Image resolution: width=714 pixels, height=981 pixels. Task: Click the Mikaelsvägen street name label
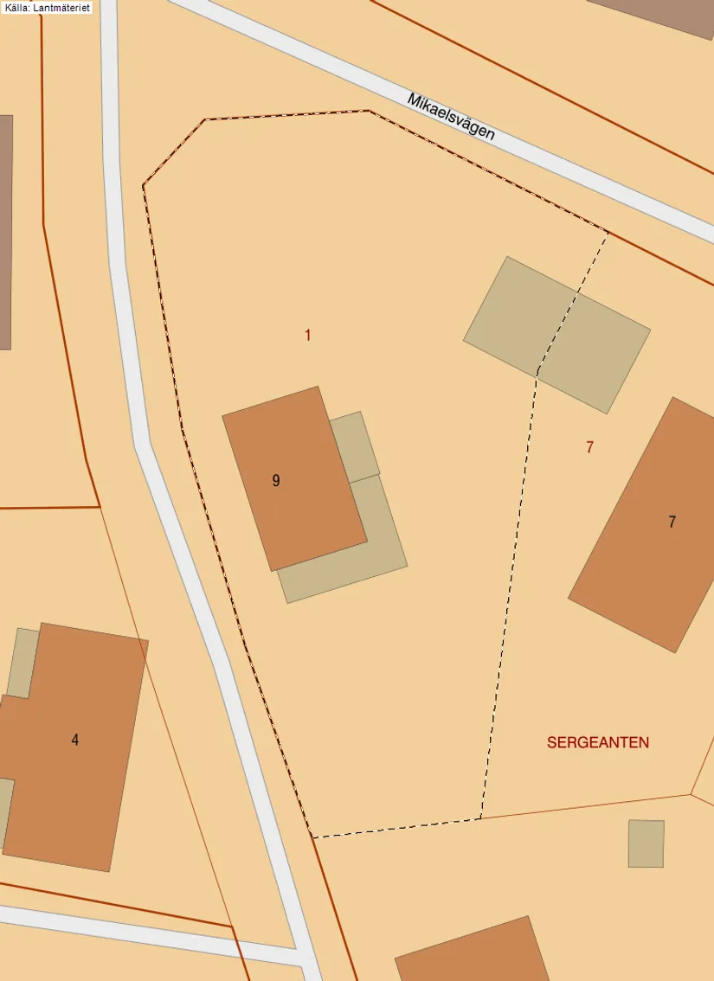pyautogui.click(x=451, y=117)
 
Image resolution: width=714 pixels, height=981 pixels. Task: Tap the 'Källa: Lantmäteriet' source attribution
pyautogui.click(x=48, y=7)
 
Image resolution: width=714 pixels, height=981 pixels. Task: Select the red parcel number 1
pyautogui.click(x=307, y=335)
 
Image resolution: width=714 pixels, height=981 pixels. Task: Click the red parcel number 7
pyautogui.click(x=589, y=447)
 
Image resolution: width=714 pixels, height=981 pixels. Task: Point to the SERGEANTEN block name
pyautogui.click(x=597, y=742)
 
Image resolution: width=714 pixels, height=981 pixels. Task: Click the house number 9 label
pyautogui.click(x=276, y=481)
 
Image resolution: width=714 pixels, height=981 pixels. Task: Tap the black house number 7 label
pyautogui.click(x=672, y=522)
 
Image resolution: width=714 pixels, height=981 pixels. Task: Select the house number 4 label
pyautogui.click(x=75, y=740)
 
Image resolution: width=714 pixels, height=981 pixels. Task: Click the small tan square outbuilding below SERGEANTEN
pyautogui.click(x=646, y=843)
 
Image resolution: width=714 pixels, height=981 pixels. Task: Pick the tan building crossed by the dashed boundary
pyautogui.click(x=556, y=334)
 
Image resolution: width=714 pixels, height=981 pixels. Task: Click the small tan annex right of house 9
pyautogui.click(x=355, y=446)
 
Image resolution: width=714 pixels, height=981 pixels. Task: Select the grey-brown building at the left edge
pyautogui.click(x=5, y=232)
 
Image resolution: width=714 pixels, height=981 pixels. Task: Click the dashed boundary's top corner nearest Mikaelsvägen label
pyautogui.click(x=370, y=111)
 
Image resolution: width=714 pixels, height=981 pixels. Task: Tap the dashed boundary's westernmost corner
pyautogui.click(x=144, y=185)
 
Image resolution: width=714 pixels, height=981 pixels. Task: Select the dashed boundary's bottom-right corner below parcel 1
pyautogui.click(x=479, y=818)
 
